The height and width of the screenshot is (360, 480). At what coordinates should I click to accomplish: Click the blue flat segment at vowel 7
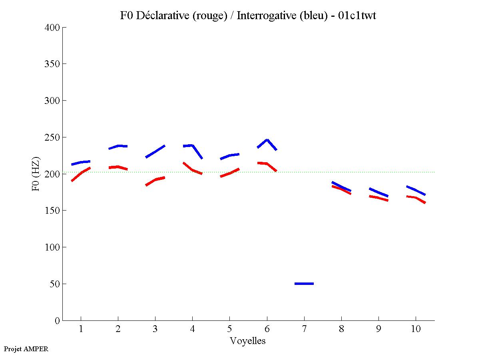pos(304,283)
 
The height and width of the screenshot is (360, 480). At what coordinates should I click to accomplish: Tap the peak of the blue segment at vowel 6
pos(267,140)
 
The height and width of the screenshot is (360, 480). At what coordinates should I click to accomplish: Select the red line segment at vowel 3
pos(155,180)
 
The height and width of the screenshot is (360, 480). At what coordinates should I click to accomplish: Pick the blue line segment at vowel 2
pos(118,146)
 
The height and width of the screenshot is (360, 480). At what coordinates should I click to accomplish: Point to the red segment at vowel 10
pos(416,198)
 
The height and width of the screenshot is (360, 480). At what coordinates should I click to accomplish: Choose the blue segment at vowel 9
pos(378,192)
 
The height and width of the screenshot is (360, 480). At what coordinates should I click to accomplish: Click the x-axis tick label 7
pos(304,329)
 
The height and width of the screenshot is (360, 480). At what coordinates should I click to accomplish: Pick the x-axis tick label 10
pos(416,329)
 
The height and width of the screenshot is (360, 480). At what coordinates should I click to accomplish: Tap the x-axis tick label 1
pos(81,329)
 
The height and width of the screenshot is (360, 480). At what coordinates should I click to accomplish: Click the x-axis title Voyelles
pos(248,341)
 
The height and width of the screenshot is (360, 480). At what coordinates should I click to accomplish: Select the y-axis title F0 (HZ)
pos(36,174)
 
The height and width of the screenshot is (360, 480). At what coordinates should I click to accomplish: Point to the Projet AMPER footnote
pos(26,349)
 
